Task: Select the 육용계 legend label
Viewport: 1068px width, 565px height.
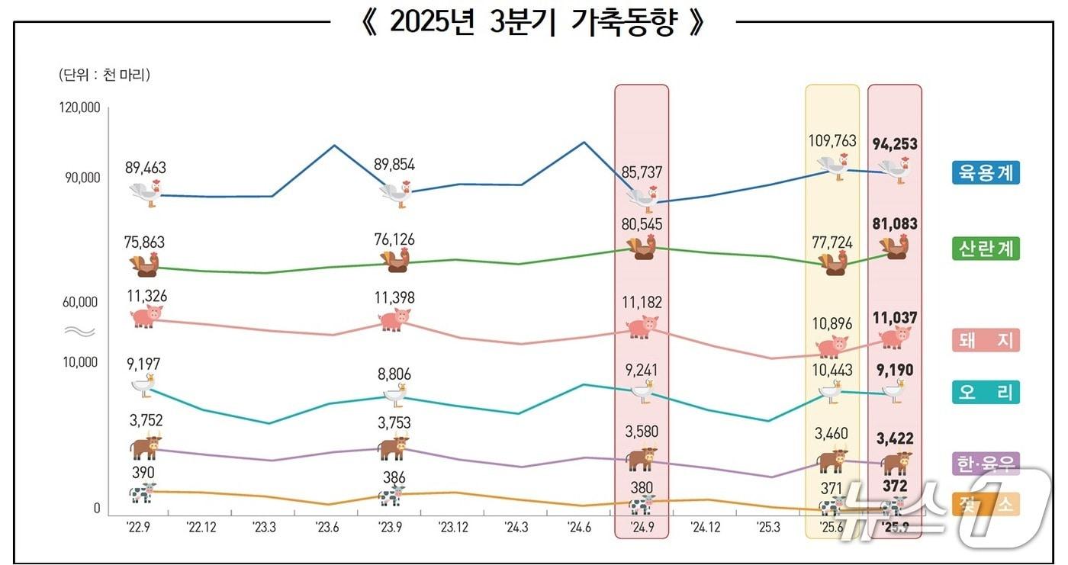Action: (986, 172)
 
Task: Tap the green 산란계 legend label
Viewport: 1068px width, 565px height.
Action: (986, 249)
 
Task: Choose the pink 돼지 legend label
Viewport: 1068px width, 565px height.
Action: (986, 340)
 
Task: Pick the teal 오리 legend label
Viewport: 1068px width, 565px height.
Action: (986, 393)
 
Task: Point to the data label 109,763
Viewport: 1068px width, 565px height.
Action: (832, 141)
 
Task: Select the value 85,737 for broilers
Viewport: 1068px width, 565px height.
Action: (642, 173)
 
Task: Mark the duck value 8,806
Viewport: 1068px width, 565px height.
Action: (394, 374)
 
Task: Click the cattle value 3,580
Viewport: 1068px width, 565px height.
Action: (641, 432)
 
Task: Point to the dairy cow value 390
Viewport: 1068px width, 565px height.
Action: (143, 473)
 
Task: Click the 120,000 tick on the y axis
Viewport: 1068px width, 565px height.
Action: (79, 108)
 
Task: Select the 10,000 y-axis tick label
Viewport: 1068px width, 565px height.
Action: (79, 361)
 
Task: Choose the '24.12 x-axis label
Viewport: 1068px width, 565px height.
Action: (705, 526)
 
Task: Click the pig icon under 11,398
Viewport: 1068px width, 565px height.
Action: (394, 319)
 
